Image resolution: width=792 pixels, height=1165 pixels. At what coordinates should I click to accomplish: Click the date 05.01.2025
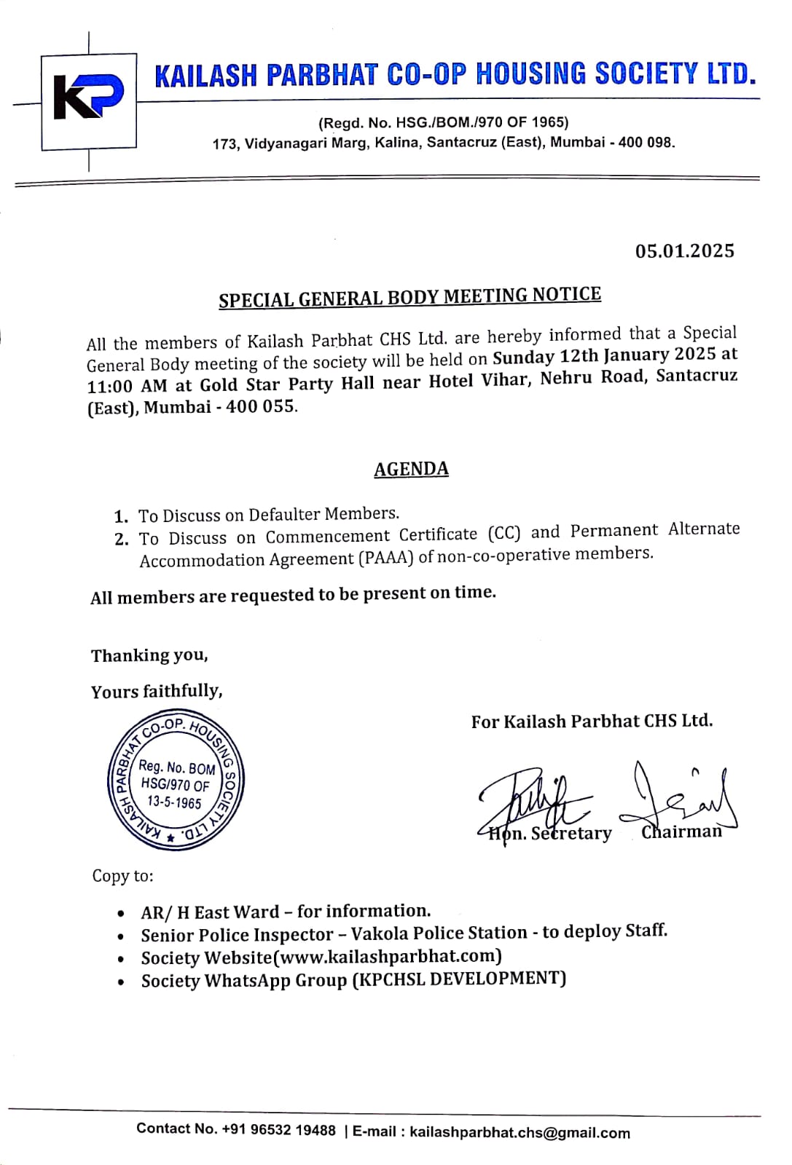coord(684,251)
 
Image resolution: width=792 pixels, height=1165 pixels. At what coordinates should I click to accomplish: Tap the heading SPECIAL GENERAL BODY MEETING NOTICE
coord(409,297)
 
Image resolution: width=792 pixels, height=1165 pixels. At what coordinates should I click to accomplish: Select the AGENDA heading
coord(411,469)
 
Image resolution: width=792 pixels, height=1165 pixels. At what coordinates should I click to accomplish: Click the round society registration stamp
coord(175,783)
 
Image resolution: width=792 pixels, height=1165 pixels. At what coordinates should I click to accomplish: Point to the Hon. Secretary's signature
coord(536,797)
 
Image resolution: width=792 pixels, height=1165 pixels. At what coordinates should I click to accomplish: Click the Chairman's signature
coord(681,797)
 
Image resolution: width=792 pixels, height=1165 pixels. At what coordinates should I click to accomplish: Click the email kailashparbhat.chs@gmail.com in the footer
coord(519,1132)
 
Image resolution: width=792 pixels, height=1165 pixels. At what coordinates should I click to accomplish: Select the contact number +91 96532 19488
coord(278,1130)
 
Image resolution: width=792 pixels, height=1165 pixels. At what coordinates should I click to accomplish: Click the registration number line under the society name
coord(443,122)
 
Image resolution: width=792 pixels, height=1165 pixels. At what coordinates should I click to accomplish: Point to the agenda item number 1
coord(121,517)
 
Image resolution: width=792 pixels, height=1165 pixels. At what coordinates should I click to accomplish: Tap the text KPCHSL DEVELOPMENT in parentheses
coord(459,979)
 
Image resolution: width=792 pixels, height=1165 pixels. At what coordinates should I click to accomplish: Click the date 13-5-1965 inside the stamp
coord(174,802)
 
